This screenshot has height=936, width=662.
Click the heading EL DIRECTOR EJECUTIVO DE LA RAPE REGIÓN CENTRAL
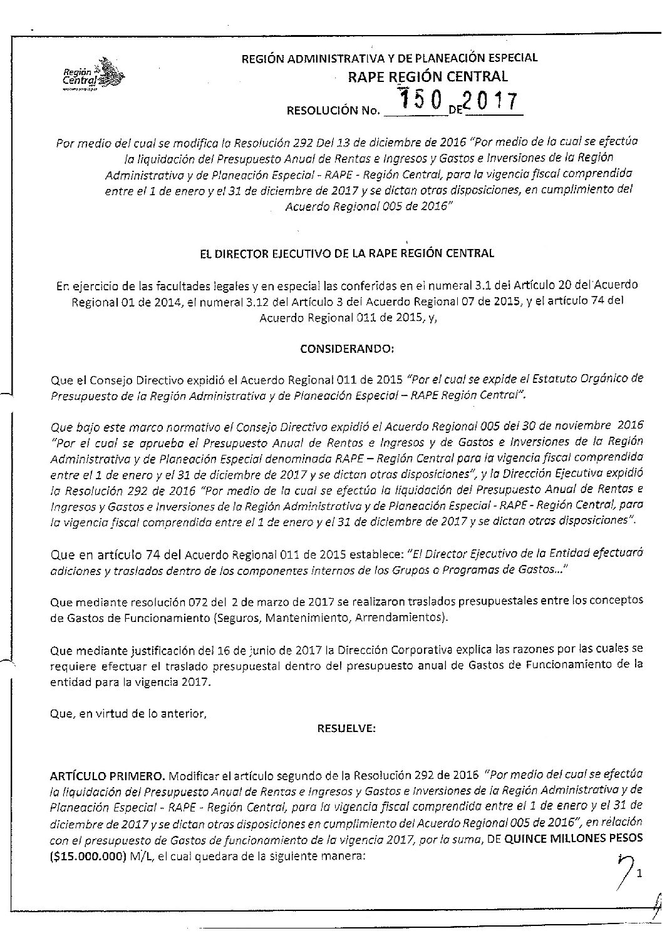[346, 253]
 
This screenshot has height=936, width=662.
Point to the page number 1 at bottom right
[640, 855]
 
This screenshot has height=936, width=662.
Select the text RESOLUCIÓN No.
[333, 112]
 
